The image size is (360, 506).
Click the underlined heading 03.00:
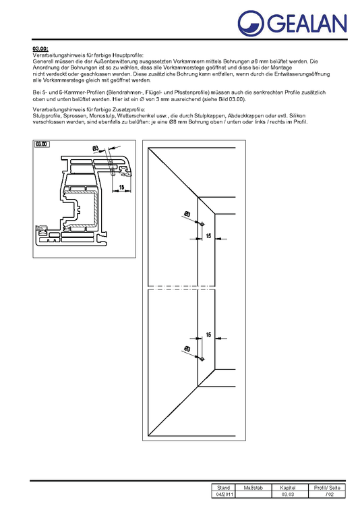click(x=40, y=49)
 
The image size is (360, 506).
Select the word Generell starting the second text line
click(x=44, y=62)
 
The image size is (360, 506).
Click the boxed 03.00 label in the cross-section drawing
click(x=42, y=144)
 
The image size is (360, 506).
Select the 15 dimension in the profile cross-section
click(x=122, y=187)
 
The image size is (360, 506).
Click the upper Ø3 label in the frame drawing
click(x=187, y=215)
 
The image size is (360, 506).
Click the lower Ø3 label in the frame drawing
click(x=186, y=349)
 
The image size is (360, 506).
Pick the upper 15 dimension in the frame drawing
click(x=209, y=235)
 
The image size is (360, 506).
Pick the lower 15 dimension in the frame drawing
click(x=209, y=335)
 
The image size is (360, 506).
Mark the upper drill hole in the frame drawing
click(x=202, y=223)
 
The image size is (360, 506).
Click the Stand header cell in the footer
click(x=224, y=487)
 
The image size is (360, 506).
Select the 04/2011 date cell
click(x=224, y=495)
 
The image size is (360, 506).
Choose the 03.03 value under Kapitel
click(x=288, y=495)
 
